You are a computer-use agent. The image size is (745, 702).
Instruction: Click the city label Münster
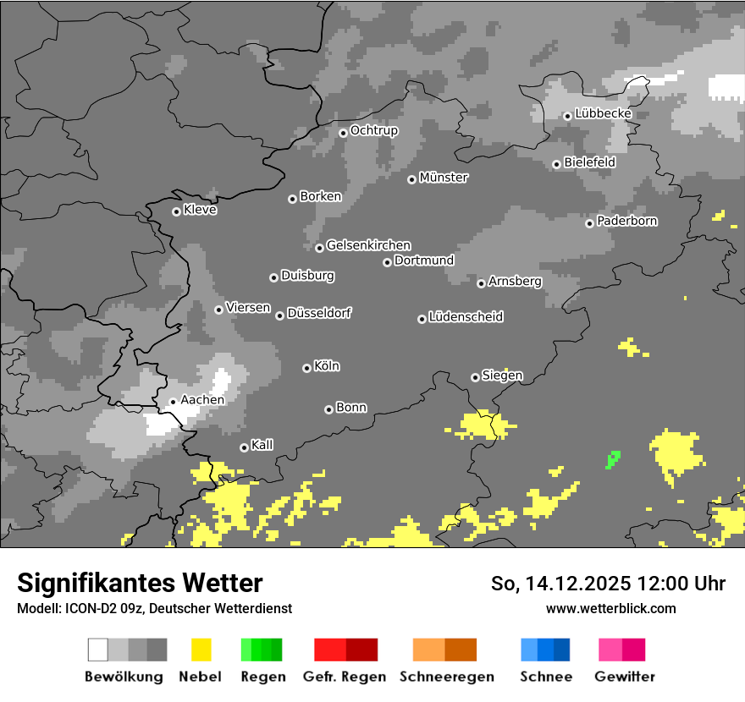[444, 178]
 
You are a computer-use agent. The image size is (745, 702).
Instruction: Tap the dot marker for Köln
[306, 368]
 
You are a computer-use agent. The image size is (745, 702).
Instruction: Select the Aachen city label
[202, 399]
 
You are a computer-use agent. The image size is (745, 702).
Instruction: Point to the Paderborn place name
[626, 221]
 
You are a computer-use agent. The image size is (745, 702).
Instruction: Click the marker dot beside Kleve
[176, 211]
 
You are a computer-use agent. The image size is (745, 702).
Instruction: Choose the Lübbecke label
[603, 113]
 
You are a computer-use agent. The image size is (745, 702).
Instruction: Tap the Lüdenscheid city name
[466, 317]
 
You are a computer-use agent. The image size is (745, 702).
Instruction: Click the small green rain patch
[613, 459]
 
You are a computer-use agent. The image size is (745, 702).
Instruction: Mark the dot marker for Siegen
[475, 377]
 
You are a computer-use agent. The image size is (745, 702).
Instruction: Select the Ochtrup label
[373, 130]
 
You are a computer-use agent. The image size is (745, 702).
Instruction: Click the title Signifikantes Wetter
[140, 583]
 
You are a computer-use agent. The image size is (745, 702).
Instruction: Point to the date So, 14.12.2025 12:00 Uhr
[608, 584]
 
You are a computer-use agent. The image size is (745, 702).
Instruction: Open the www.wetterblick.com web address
[610, 608]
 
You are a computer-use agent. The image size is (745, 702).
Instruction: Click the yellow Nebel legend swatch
[201, 650]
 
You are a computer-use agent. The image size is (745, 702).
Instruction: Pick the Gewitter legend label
[625, 677]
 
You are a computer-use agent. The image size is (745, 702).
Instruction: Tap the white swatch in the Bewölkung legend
[98, 650]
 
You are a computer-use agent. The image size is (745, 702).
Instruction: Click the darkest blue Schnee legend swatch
[562, 650]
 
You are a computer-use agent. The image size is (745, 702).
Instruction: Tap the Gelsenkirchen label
[368, 245]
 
